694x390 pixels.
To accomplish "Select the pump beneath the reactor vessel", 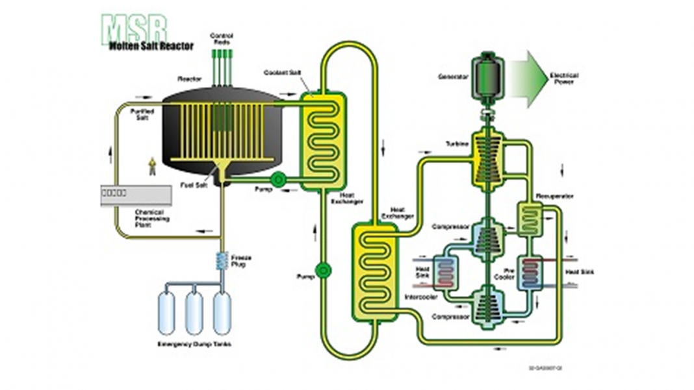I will tap(277, 179).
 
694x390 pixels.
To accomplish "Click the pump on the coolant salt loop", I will tap(322, 269).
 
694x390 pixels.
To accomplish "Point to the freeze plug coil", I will tap(221, 262).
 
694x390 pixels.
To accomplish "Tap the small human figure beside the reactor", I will tap(153, 166).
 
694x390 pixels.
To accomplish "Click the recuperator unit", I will tap(530, 218).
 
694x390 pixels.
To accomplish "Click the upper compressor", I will tap(483, 237).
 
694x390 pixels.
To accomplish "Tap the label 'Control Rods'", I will tap(222, 38).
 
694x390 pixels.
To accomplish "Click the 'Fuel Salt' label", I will tap(192, 185).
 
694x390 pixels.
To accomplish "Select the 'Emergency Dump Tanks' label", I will tap(194, 344).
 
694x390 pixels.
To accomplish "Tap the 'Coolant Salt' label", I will tap(280, 73).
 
